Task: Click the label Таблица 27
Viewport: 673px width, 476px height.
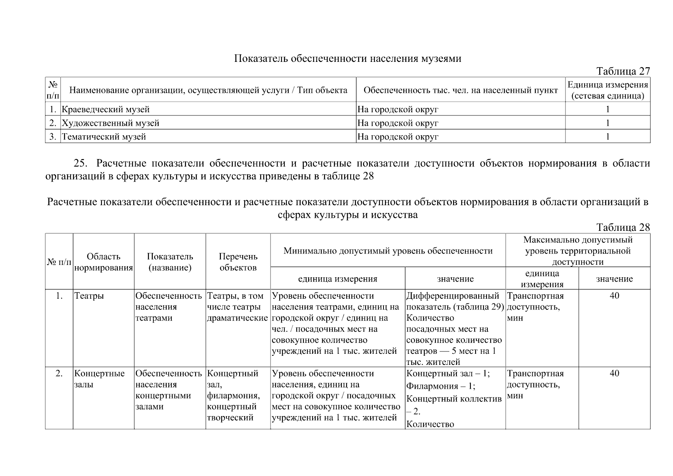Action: click(x=623, y=71)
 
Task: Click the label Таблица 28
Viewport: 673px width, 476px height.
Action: click(x=623, y=227)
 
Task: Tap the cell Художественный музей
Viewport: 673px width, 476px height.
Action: click(x=111, y=123)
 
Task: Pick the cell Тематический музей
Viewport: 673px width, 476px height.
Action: click(x=104, y=137)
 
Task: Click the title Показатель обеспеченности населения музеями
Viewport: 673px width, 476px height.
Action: click(x=347, y=59)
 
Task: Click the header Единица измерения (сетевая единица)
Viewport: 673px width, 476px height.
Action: click(x=608, y=90)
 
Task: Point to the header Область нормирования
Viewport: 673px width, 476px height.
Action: click(x=104, y=262)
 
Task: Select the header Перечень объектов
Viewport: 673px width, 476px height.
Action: click(x=238, y=262)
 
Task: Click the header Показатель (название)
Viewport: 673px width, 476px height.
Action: click(x=170, y=262)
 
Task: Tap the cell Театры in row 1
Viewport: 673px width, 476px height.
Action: click(x=89, y=296)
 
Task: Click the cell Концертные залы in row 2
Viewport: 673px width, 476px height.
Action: click(x=99, y=379)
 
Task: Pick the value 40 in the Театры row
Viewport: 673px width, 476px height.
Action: click(x=614, y=296)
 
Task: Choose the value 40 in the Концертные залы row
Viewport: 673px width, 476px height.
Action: click(x=614, y=374)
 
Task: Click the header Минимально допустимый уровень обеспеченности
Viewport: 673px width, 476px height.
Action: click(x=388, y=251)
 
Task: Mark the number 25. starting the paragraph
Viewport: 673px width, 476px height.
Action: click(x=82, y=163)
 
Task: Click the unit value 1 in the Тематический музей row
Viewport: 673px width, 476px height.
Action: click(x=608, y=137)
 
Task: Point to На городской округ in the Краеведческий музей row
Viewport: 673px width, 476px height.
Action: click(x=398, y=109)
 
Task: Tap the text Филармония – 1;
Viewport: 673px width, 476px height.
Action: click(x=441, y=386)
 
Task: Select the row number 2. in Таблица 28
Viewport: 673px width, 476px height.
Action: click(x=59, y=374)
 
